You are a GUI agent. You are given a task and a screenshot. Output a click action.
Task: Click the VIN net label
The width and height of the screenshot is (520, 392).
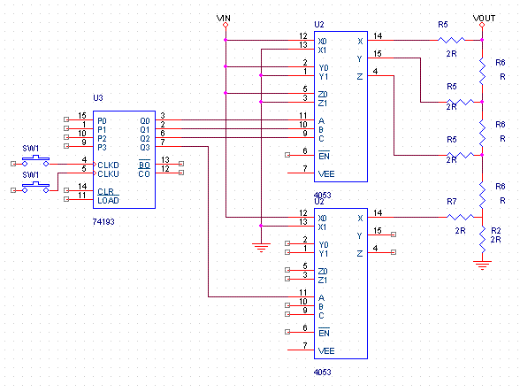(x=224, y=18)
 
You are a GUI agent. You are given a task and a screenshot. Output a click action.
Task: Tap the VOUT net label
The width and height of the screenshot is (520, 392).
(x=485, y=18)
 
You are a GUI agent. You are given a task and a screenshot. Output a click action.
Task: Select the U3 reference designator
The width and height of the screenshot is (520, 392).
(x=98, y=98)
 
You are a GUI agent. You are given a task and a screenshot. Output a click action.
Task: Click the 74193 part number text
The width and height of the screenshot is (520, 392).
(x=103, y=222)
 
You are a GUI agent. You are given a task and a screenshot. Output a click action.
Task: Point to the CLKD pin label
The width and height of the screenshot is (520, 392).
(x=108, y=165)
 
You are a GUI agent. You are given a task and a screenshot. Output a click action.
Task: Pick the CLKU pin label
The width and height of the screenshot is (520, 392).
(x=108, y=174)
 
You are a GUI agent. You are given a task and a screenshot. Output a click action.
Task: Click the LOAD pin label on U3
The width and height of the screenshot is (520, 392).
(x=108, y=201)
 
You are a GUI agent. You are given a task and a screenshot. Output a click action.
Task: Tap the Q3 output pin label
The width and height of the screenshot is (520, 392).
(x=145, y=148)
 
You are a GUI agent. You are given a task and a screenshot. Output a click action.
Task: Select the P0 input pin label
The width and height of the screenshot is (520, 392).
(x=102, y=121)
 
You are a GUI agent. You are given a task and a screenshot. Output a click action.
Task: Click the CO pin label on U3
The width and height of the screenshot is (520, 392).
(x=144, y=174)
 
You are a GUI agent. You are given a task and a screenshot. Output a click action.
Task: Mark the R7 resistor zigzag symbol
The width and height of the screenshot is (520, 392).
(x=460, y=217)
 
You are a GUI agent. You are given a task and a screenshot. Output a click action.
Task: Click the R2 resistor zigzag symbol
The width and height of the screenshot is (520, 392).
(x=482, y=239)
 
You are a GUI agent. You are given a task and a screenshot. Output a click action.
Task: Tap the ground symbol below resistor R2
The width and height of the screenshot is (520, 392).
(x=482, y=265)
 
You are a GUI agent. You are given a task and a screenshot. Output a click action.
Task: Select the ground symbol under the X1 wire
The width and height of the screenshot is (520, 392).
(x=261, y=248)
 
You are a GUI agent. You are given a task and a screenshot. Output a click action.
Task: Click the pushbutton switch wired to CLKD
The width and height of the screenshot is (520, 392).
(x=35, y=161)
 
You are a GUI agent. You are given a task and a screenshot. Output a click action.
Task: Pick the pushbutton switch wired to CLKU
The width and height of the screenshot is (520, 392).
(x=35, y=188)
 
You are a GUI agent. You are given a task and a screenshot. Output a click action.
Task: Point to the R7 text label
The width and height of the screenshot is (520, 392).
(x=452, y=202)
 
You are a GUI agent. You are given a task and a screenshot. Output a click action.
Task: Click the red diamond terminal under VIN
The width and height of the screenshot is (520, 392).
(x=226, y=25)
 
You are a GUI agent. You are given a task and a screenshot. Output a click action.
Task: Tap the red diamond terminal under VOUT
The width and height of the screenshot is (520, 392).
(x=482, y=25)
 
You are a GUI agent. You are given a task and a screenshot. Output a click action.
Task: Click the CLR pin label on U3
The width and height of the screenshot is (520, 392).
(x=106, y=192)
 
